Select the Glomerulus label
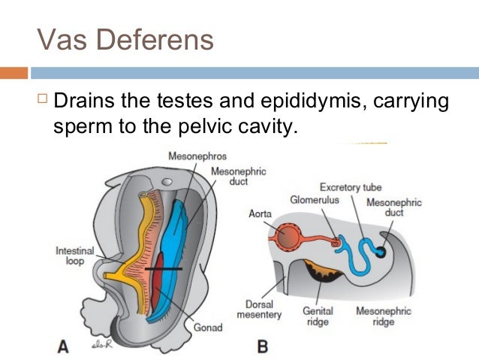(x=313, y=200)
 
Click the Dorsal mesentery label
(x=265, y=310)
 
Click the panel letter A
(x=64, y=346)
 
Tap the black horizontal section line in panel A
(x=163, y=268)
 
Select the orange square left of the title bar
(x=14, y=73)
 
